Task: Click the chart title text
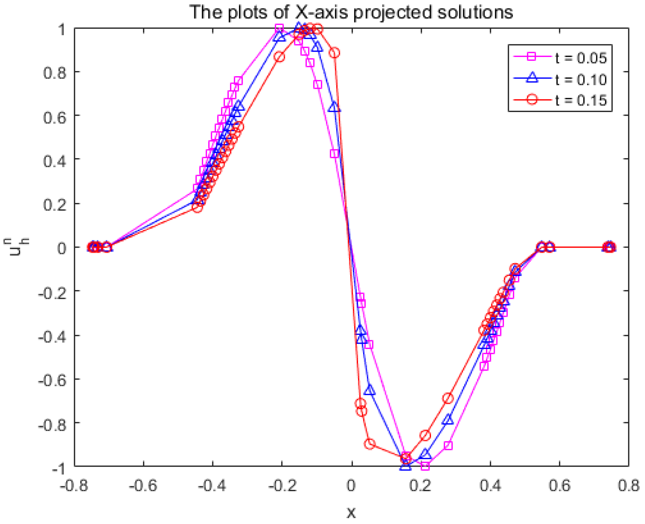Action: tap(351, 12)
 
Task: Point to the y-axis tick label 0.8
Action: tap(54, 72)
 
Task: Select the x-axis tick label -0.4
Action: tap(212, 485)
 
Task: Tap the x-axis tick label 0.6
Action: tap(560, 485)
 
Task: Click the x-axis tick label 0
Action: tap(351, 485)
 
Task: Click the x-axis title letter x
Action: tap(351, 512)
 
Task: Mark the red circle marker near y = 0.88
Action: tap(334, 53)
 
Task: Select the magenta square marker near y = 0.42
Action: tap(334, 154)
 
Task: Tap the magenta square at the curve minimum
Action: tap(425, 466)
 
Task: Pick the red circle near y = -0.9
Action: tap(370, 444)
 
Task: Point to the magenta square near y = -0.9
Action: tap(448, 445)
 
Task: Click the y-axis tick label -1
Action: tap(59, 469)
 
